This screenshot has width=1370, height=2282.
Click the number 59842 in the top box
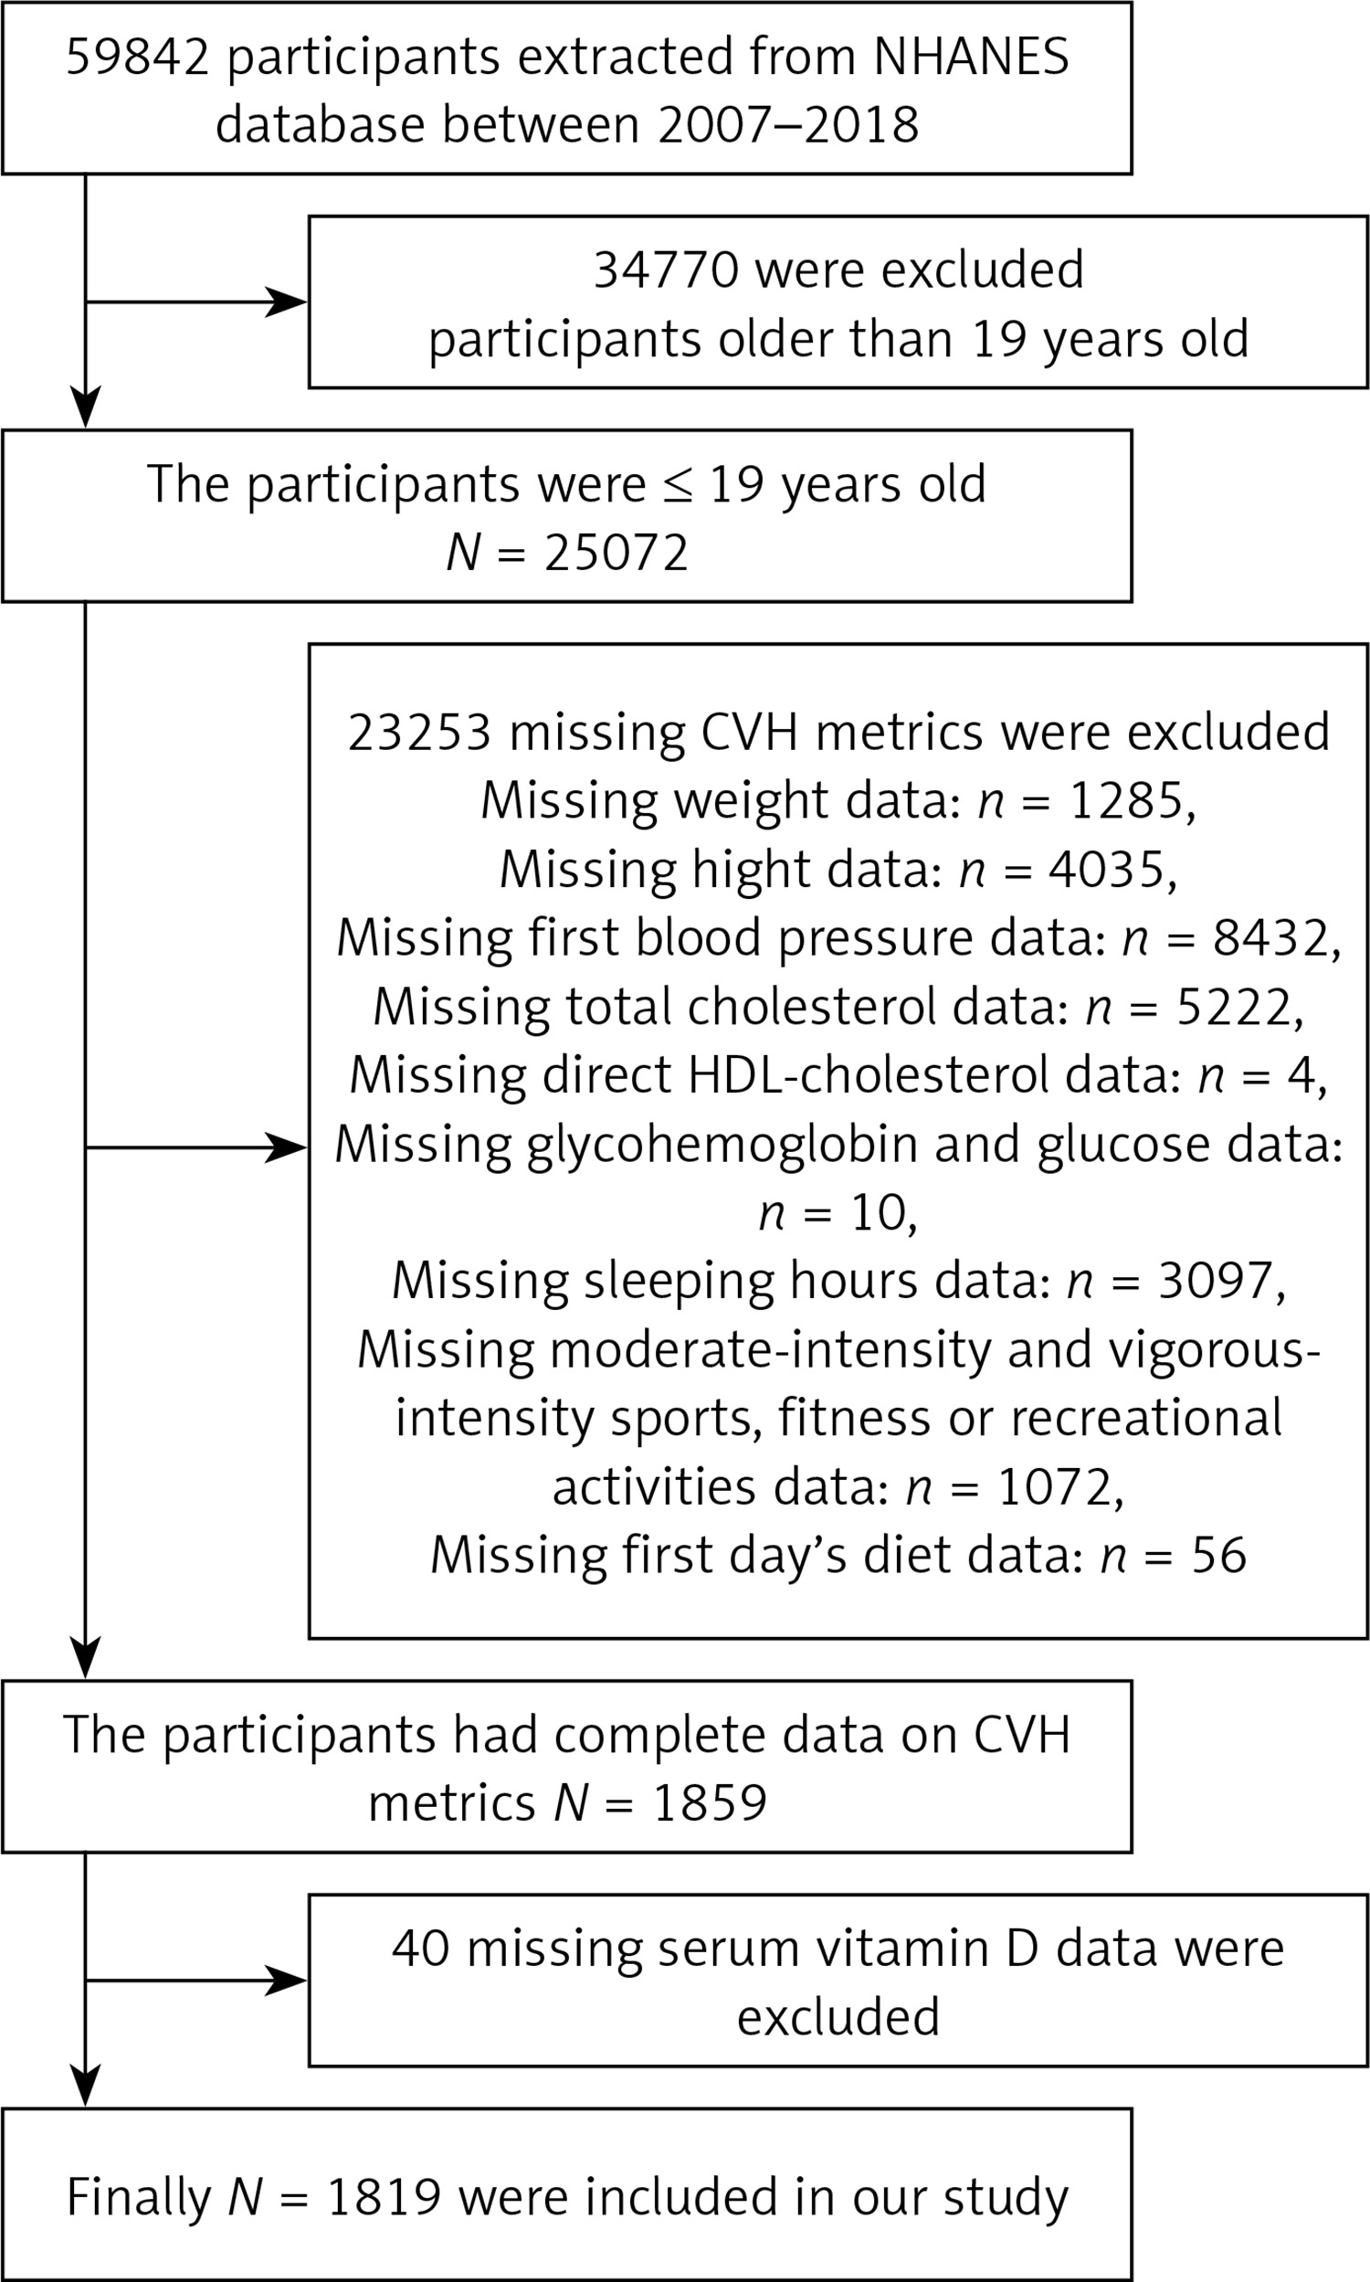tap(139, 58)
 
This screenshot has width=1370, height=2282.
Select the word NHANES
tap(971, 58)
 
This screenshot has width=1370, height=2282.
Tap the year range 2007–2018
tap(788, 124)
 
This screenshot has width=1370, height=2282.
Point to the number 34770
tap(666, 270)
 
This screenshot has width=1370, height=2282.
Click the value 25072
tap(616, 554)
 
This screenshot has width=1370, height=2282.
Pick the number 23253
tap(420, 733)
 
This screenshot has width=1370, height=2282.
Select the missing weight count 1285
tap(1126, 801)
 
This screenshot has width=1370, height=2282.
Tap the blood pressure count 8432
tap(1271, 939)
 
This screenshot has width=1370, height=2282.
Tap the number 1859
tap(710, 1802)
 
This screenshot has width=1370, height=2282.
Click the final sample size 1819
tap(384, 2197)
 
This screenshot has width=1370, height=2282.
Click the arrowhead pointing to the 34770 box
tap(287, 301)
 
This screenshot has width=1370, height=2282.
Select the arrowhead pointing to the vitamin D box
tap(287, 1981)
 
